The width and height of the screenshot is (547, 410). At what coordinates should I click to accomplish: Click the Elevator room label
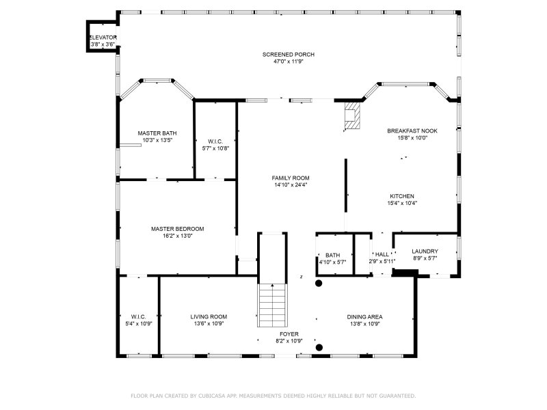point(103,38)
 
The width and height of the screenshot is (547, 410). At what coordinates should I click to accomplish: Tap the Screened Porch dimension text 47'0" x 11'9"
point(288,61)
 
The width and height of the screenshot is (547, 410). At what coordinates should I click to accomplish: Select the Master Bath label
point(157,133)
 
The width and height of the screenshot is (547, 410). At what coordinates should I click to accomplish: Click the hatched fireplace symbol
point(351,115)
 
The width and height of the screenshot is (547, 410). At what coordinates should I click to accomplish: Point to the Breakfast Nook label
point(412,131)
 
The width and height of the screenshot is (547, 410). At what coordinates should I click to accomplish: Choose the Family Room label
point(291,178)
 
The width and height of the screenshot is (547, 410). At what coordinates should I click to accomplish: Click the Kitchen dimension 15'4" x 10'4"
point(402,203)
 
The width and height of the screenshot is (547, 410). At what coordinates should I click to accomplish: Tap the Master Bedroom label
point(178,229)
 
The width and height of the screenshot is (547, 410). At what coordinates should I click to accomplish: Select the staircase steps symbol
point(272,305)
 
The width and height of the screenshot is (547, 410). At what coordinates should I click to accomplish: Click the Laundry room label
point(425,251)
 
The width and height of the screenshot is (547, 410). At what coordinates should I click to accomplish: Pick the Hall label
point(382,254)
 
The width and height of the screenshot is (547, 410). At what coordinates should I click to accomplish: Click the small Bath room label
point(333,255)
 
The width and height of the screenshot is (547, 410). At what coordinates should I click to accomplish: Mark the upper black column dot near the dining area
point(319,283)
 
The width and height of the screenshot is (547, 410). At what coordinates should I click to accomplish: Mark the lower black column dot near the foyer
point(319,347)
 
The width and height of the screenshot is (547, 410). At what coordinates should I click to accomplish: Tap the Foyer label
point(289,334)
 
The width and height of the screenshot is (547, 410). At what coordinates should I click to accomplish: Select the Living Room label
point(209,317)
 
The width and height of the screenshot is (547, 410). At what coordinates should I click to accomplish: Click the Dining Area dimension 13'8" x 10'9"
point(365,324)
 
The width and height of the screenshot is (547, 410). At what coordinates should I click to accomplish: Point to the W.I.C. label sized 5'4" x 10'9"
point(139,317)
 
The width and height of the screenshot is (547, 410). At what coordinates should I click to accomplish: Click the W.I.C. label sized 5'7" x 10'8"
point(215,141)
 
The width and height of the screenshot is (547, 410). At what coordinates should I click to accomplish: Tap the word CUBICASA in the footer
point(212,396)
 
